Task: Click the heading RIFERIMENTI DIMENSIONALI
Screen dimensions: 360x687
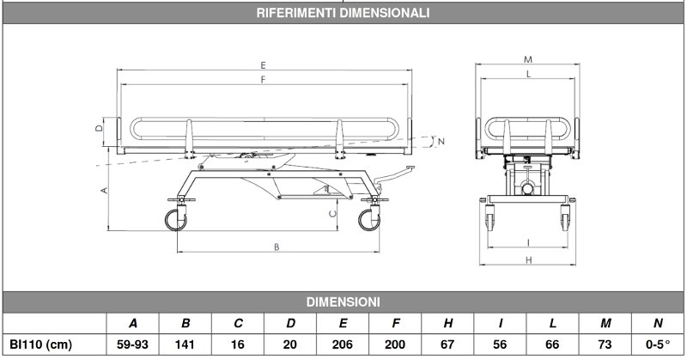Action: click(x=343, y=13)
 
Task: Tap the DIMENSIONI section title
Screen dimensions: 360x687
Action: click(x=343, y=302)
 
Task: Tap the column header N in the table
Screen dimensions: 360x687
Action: click(x=658, y=324)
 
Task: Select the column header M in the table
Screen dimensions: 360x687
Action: click(x=606, y=324)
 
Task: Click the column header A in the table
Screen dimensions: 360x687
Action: click(x=133, y=324)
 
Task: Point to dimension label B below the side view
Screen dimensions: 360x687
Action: click(x=277, y=247)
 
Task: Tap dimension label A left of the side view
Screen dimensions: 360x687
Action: click(x=104, y=190)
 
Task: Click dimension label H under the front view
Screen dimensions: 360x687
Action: click(x=526, y=259)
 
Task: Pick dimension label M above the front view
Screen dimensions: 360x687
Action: click(x=526, y=59)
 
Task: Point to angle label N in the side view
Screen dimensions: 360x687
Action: click(x=441, y=140)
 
